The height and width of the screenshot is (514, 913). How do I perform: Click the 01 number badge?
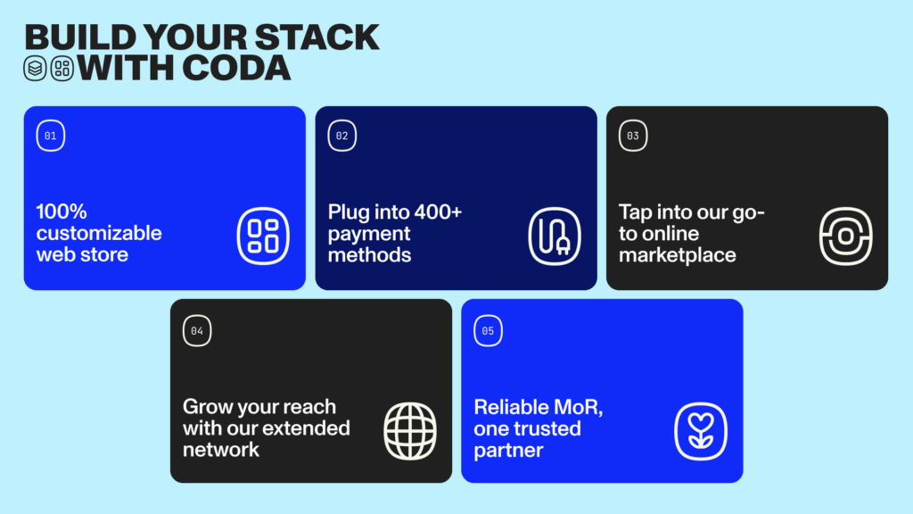pos(51,136)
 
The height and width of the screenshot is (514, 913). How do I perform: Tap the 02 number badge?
pos(341,136)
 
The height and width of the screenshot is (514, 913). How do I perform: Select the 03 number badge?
pos(633,136)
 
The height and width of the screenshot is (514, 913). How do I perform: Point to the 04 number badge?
pos(197,331)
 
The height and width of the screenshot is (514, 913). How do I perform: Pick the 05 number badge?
pos(488,331)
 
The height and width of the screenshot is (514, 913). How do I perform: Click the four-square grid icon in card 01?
pos(263,236)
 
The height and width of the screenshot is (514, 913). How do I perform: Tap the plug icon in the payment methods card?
pos(555,236)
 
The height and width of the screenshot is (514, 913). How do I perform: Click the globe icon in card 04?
pos(410,431)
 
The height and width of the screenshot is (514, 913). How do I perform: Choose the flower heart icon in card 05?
pos(701,431)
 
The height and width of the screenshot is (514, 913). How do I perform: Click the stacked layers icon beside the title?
pos(35,68)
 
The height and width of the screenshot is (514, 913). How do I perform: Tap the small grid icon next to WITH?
pos(62,68)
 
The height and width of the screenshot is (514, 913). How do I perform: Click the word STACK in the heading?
pos(317,37)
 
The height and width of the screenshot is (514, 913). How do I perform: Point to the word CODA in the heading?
pos(235,68)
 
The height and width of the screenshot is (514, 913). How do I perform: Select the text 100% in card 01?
pos(62,211)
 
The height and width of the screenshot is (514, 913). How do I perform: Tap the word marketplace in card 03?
pos(678,254)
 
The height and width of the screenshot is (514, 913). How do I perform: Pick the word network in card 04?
pos(221,450)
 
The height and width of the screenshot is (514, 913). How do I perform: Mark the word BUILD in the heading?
pos(80,37)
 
